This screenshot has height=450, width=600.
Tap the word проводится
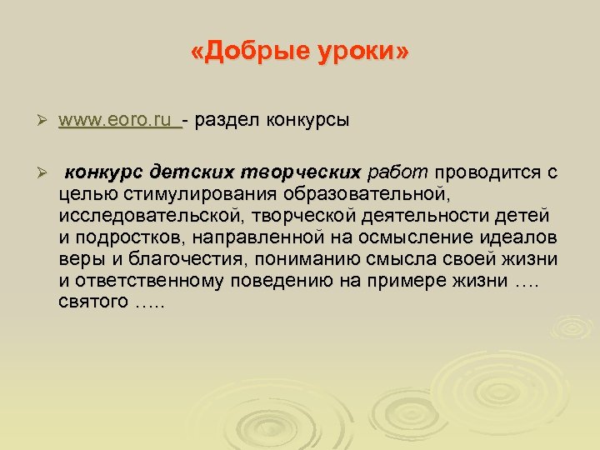487,173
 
